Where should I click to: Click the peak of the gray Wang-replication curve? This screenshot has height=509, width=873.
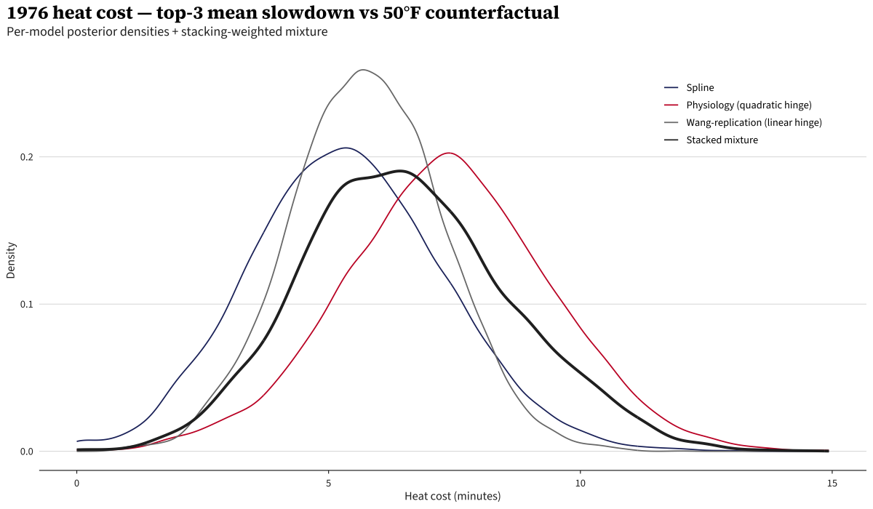[362, 70]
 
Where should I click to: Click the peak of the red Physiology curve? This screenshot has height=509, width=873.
[449, 153]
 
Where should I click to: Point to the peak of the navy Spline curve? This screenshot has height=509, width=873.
[346, 148]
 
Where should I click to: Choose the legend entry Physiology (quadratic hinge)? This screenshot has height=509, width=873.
[749, 105]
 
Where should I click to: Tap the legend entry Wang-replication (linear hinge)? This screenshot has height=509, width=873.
[754, 123]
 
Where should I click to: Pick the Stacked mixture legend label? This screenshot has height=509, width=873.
[722, 140]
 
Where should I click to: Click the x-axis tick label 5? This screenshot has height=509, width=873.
[329, 484]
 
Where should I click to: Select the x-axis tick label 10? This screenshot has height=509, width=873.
[581, 484]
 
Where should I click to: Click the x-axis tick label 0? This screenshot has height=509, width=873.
[77, 484]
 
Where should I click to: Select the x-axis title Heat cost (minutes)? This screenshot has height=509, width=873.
[453, 497]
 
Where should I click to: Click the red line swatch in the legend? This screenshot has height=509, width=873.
[671, 105]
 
